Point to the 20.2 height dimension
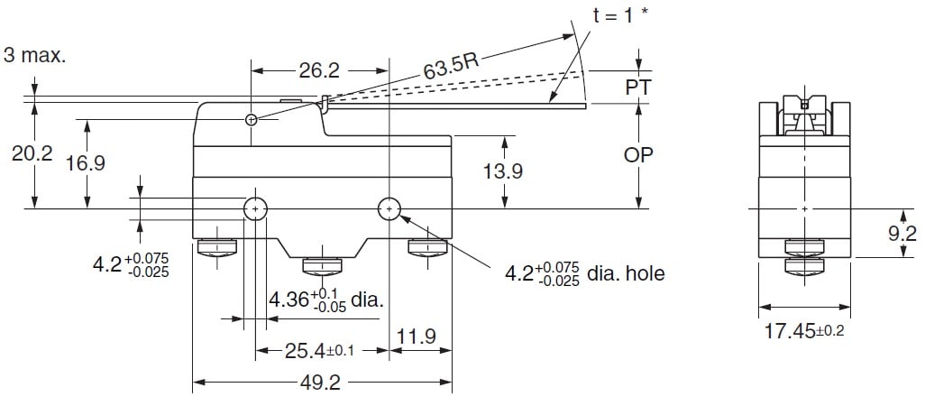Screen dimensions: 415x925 (32, 155)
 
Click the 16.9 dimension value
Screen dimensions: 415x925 (86, 163)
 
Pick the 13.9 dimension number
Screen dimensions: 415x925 (502, 171)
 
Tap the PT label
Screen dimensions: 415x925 (638, 87)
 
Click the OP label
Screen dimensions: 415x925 (638, 154)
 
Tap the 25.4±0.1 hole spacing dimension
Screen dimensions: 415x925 (320, 351)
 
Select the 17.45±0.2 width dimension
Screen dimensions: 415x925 (804, 332)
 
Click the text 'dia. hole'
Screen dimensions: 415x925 (626, 272)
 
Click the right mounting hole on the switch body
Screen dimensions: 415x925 (389, 209)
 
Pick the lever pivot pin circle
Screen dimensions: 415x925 (251, 120)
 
